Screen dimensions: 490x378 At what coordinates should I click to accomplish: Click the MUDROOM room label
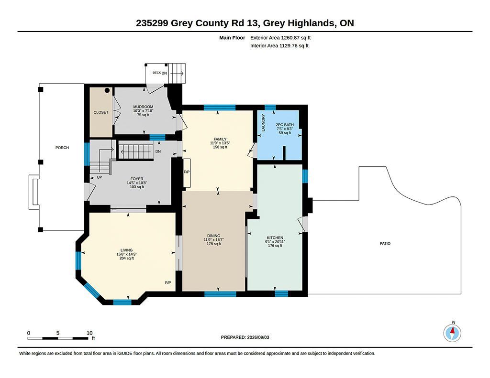coord(143,107)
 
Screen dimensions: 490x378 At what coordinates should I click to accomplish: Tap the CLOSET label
coord(101,112)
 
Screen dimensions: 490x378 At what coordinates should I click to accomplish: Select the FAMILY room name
coord(220,139)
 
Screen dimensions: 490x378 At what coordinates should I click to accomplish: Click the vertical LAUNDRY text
coord(263,123)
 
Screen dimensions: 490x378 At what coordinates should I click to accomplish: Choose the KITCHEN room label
coord(275,238)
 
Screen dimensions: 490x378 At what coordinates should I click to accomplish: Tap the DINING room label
coord(214,236)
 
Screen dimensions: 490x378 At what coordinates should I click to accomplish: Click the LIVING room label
coord(126,250)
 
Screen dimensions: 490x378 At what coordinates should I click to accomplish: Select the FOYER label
coord(137,179)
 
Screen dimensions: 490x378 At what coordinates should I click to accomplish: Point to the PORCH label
coord(62,148)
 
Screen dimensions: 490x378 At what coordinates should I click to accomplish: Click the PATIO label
coord(385,243)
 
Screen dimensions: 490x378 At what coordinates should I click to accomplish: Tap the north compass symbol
coord(452,333)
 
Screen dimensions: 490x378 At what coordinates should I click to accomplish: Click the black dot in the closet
coord(107,90)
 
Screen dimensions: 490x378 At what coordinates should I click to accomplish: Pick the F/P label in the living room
coord(168,283)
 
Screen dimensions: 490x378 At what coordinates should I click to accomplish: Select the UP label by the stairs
coord(100,177)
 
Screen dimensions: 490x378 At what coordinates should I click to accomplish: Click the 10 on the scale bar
coord(89,333)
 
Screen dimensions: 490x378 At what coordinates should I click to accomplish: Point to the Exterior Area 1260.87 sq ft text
coord(280,38)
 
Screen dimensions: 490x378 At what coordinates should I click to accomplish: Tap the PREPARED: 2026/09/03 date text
coord(245,337)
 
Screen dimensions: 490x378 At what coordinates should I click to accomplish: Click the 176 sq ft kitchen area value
coord(275,246)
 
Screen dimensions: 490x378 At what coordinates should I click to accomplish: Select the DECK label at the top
coord(156,73)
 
